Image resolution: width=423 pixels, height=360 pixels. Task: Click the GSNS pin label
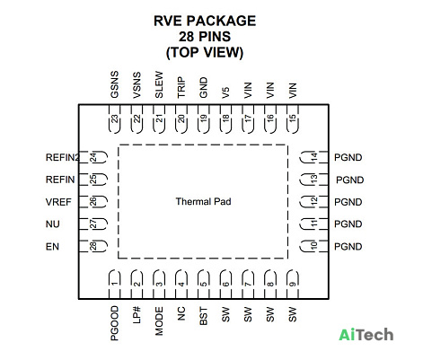[114, 84]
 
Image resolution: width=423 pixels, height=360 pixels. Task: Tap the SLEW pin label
[159, 84]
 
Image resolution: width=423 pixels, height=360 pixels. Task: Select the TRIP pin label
[181, 87]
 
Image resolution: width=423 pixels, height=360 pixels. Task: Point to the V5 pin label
[225, 92]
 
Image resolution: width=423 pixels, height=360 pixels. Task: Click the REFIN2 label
[62, 157]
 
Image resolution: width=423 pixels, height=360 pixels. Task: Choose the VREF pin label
[58, 202]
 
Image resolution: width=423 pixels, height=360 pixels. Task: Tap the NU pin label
[52, 224]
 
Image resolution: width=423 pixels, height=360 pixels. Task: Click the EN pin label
[52, 247]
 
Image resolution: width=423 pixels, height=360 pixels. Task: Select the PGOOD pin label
[114, 323]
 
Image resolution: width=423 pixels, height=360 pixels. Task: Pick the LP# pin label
[137, 314]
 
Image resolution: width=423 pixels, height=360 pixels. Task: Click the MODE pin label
[159, 321]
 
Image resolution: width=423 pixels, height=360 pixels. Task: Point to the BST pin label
[203, 316]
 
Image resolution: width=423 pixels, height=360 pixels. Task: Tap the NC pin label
[181, 313]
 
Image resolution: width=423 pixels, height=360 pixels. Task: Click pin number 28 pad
[93, 246]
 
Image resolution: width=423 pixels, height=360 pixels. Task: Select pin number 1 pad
[114, 284]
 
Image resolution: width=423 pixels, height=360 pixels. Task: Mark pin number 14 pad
[313, 157]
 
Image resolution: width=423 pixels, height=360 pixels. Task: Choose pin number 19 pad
[204, 119]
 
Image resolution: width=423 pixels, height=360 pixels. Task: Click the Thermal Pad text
[203, 201]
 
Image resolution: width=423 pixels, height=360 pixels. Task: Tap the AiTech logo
[366, 334]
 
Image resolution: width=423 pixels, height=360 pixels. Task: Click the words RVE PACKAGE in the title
[205, 21]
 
